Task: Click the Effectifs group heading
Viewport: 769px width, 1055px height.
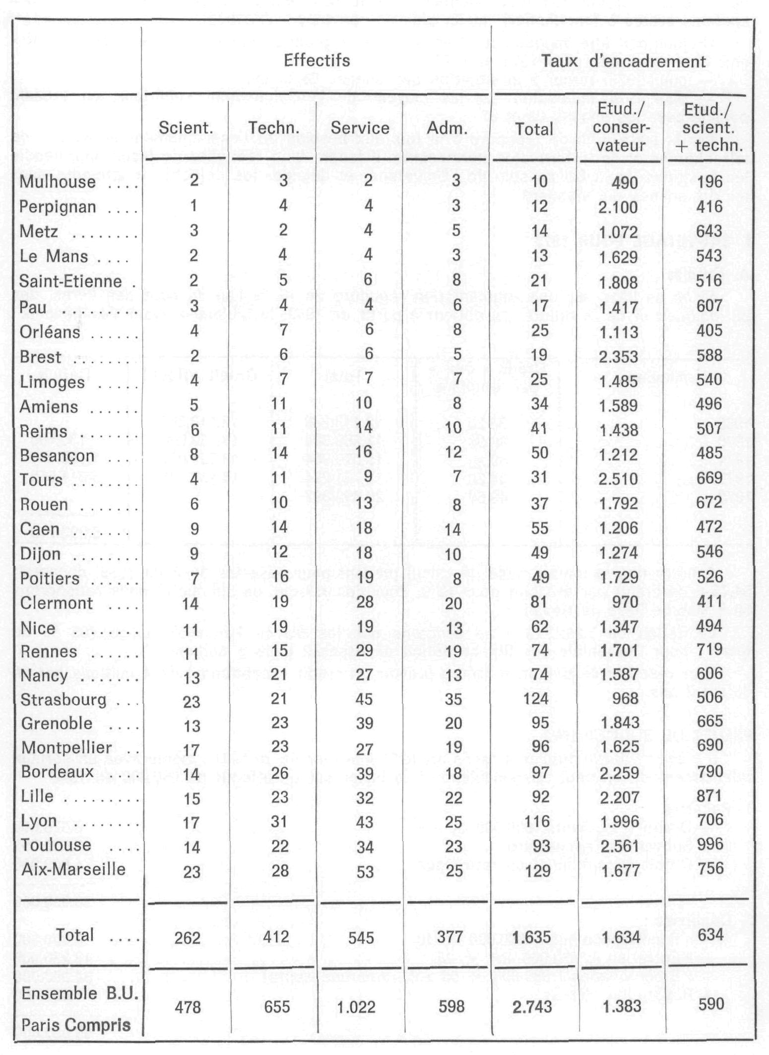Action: point(317,61)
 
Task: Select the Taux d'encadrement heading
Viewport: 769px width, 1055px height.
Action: point(623,62)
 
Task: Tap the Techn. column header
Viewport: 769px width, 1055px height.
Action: point(274,128)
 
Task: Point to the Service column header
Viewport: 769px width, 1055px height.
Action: point(360,128)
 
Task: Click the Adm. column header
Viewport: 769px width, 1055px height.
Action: point(447,129)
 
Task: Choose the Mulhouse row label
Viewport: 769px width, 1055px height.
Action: point(58,182)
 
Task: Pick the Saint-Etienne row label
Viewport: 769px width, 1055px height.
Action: point(70,281)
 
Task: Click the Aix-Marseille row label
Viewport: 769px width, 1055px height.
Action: point(73,869)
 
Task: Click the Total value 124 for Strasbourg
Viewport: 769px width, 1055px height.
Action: point(539,699)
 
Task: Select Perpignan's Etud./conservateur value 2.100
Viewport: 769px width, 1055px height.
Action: point(618,206)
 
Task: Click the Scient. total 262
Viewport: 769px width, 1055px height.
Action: point(188,937)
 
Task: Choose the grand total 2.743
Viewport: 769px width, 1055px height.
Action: point(531,1007)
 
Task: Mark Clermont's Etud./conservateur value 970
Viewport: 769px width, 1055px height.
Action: point(625,602)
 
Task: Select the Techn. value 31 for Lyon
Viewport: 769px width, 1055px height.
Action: point(279,821)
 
